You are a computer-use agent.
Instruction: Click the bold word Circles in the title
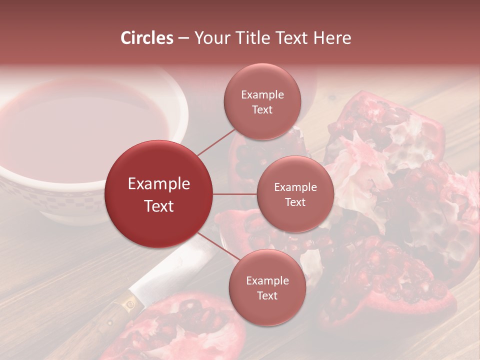(147, 38)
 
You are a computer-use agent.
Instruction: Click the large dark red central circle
(159, 194)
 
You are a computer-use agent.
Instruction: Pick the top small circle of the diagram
(262, 101)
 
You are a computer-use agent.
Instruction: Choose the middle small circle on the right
(295, 194)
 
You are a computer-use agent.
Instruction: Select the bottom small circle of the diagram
(267, 287)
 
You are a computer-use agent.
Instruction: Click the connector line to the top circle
(216, 142)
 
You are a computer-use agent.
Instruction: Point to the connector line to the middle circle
(235, 194)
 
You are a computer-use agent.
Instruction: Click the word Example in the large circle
(159, 184)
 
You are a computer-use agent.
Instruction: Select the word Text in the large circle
(159, 206)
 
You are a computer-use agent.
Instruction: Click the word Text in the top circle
(262, 109)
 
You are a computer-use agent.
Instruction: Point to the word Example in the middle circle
(295, 187)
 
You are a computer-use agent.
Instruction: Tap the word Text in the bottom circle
(267, 295)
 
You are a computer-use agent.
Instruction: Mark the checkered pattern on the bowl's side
(75, 200)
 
